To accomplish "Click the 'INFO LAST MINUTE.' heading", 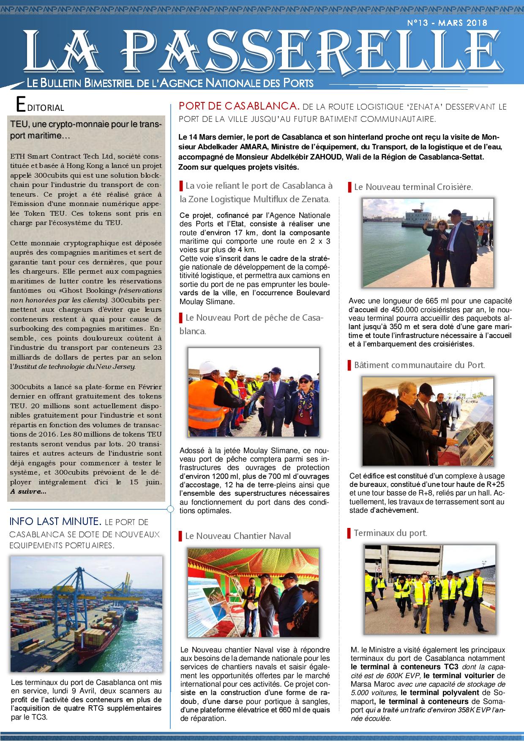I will click(x=55, y=522).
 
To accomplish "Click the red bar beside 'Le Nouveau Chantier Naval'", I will click(x=181, y=536).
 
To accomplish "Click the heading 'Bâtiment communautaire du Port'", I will click(x=419, y=365).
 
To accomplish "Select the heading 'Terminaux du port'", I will click(x=390, y=533).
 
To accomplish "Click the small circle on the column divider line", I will click(x=170, y=508).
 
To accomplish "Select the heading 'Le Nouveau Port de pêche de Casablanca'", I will click(x=251, y=324).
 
